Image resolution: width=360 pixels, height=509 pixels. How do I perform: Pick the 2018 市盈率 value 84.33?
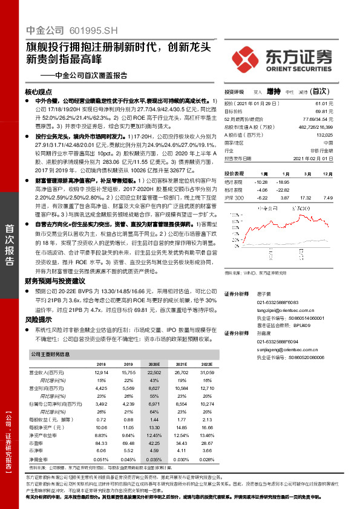coord(101,444)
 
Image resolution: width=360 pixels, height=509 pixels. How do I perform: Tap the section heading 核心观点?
coord(40,92)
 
